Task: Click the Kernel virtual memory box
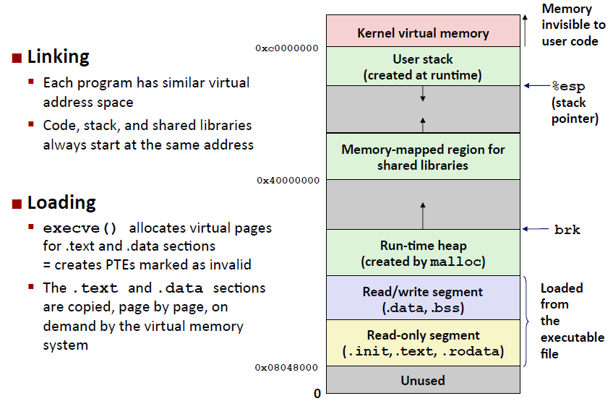point(423,32)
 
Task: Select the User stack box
point(423,66)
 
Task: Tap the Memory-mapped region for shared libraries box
point(423,157)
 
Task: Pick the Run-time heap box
point(423,253)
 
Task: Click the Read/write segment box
point(423,299)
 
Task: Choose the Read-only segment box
point(423,343)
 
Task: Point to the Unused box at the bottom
point(423,380)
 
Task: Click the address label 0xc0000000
point(287,48)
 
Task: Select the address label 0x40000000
point(287,181)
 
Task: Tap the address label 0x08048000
point(287,368)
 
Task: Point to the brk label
point(567,230)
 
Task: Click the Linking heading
point(58,56)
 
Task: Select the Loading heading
point(61,202)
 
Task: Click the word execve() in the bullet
point(80,228)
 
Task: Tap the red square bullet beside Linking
point(17,57)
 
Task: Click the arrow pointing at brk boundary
point(534,230)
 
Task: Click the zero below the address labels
point(317,394)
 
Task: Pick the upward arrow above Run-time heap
point(423,215)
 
